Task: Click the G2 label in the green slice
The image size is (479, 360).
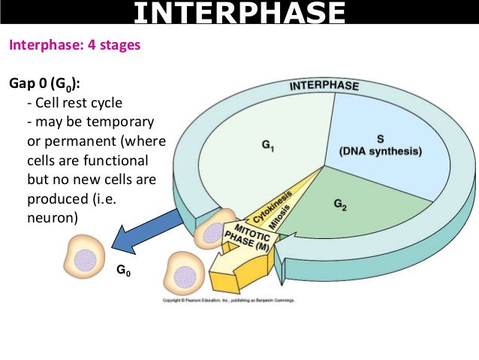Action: pyautogui.click(x=339, y=204)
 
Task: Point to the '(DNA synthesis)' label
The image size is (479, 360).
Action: pyautogui.click(x=381, y=151)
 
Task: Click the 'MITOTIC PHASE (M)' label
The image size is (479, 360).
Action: pyautogui.click(x=252, y=238)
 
